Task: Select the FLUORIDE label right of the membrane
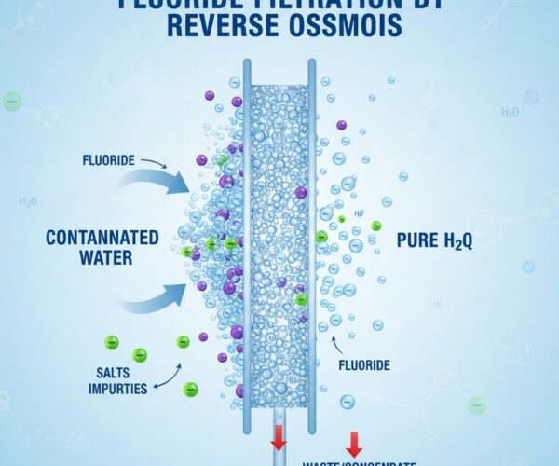coord(362,365)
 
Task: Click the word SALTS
coord(113,372)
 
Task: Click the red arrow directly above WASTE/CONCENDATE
coord(354,443)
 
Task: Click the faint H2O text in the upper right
coord(510,112)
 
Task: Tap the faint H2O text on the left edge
coord(29,200)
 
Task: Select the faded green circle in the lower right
coord(477,405)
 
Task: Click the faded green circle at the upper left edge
coord(12,102)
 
